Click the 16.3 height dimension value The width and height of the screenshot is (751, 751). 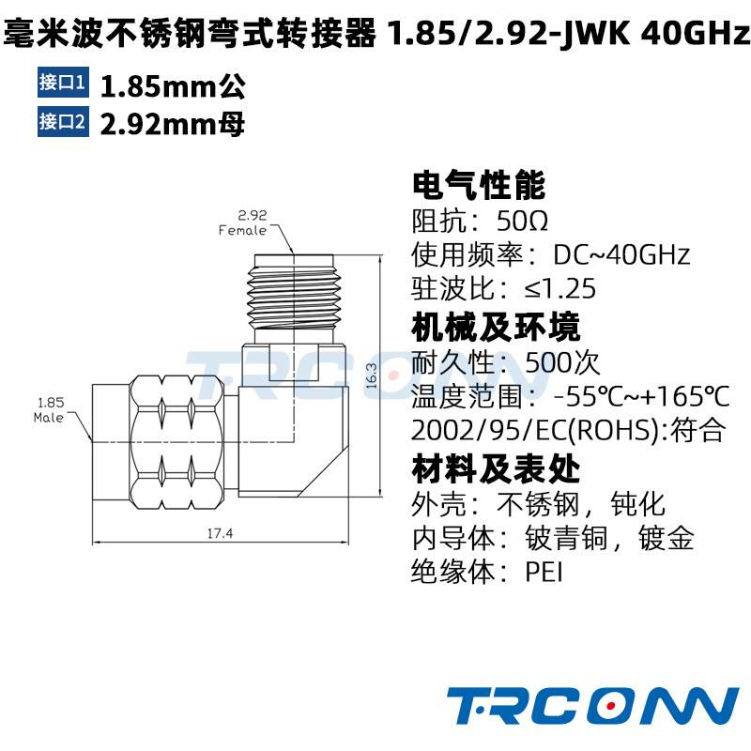[x=372, y=375]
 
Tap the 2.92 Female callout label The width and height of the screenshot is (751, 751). [x=244, y=222]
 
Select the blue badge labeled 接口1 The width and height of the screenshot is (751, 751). [x=63, y=83]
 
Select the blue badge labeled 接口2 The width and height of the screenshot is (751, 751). [x=63, y=121]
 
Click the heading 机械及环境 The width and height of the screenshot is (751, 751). [x=496, y=327]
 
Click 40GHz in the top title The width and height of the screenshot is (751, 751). [x=695, y=35]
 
